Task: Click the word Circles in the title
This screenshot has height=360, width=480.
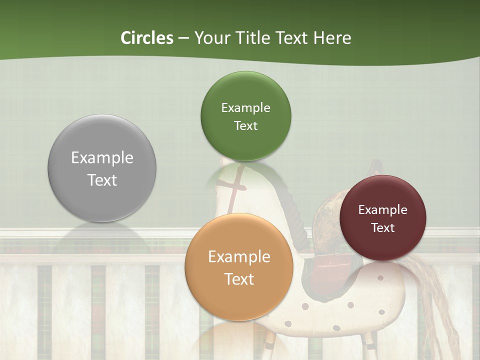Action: tap(147, 38)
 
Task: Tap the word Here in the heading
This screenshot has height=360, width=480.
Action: tap(332, 38)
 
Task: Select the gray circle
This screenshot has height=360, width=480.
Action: tap(102, 168)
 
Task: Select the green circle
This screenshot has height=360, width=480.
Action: tap(245, 116)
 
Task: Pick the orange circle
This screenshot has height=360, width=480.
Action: tap(239, 267)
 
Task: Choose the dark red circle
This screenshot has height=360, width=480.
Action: tap(382, 218)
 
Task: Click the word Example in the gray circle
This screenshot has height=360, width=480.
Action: tap(102, 157)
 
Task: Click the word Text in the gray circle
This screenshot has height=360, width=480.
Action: tap(102, 180)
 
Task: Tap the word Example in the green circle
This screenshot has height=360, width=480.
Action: tap(245, 107)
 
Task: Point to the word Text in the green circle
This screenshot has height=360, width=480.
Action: tap(245, 125)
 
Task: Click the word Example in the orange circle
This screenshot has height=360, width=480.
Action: tap(239, 256)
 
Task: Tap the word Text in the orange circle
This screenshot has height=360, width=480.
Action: tap(239, 279)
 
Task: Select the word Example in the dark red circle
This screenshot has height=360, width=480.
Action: tap(382, 209)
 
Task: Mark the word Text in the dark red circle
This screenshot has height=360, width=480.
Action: tap(382, 227)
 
